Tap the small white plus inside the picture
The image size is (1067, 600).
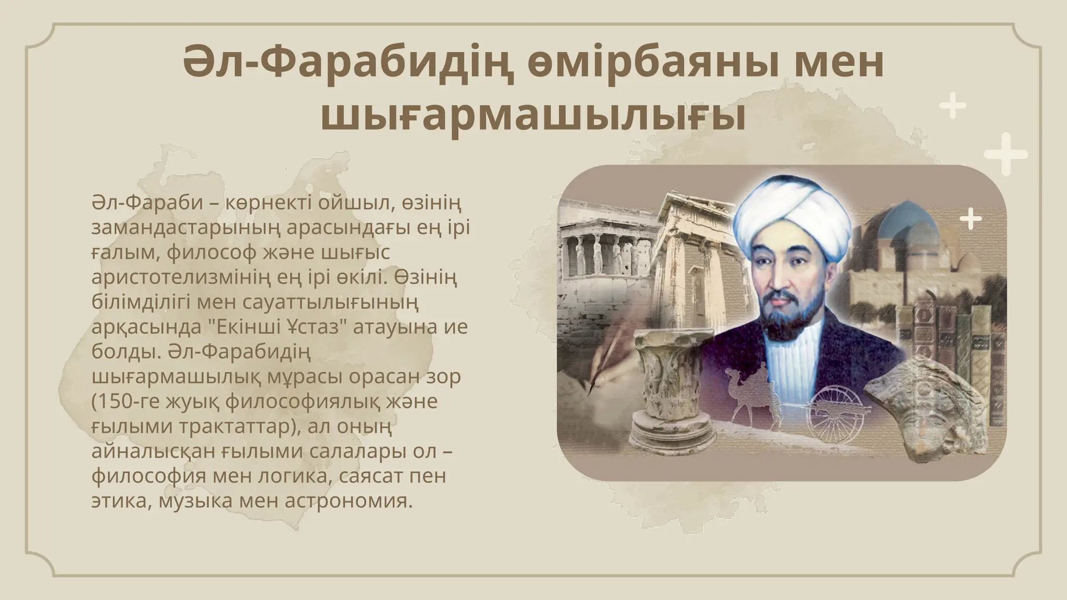[x=970, y=219]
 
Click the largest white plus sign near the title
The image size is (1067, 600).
[x=1006, y=154]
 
